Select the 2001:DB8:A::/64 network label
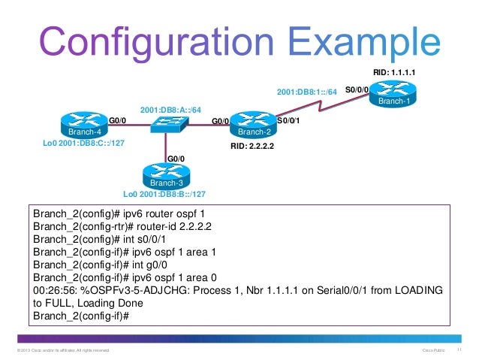tap(170, 110)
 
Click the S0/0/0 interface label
tap(356, 89)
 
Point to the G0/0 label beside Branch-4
tap(117, 119)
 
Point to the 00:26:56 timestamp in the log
tap(53, 289)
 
